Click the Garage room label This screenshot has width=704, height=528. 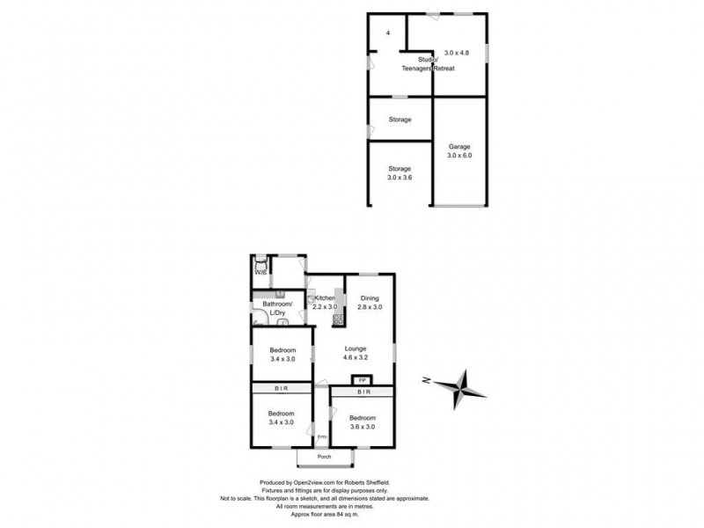click(459, 146)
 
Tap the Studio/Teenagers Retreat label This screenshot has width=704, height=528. click(412, 64)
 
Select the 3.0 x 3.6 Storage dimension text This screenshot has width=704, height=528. click(400, 177)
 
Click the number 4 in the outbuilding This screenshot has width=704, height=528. click(387, 33)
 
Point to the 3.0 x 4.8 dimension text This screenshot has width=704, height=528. click(457, 53)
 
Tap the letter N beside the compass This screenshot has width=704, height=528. click(426, 380)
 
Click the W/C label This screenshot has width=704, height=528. click(260, 273)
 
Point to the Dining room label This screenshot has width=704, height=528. click(370, 297)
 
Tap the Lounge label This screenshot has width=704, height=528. click(356, 348)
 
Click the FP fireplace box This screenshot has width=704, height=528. click(362, 380)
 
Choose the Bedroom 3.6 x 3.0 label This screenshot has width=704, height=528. click(363, 417)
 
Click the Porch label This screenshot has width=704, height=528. click(324, 457)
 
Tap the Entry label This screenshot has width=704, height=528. click(321, 437)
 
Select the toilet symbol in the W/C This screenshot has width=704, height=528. click(260, 261)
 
